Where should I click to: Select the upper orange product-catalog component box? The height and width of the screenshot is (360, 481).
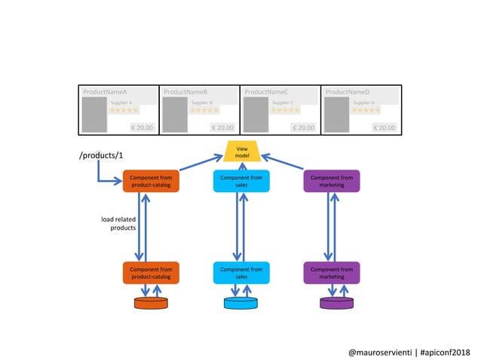151,181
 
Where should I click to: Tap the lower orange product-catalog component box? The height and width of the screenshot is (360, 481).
151,273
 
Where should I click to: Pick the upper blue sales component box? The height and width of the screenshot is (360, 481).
241,181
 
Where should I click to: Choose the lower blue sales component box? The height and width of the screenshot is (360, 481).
241,273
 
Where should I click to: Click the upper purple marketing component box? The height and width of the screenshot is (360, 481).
331,181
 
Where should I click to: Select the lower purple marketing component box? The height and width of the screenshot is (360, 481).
331,273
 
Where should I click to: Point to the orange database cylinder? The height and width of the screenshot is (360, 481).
151,303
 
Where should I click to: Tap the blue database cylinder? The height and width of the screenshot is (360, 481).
241,303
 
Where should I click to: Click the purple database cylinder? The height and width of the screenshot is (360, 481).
331,303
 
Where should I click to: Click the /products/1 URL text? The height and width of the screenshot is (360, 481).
101,155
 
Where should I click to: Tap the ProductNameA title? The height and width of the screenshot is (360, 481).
105,92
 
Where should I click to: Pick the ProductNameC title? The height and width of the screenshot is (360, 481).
266,92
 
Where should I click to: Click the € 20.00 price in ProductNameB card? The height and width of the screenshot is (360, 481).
222,127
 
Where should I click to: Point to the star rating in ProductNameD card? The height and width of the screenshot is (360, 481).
366,110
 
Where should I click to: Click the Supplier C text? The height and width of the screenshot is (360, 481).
282,102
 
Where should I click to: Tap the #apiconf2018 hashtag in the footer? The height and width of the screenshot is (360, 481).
445,352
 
